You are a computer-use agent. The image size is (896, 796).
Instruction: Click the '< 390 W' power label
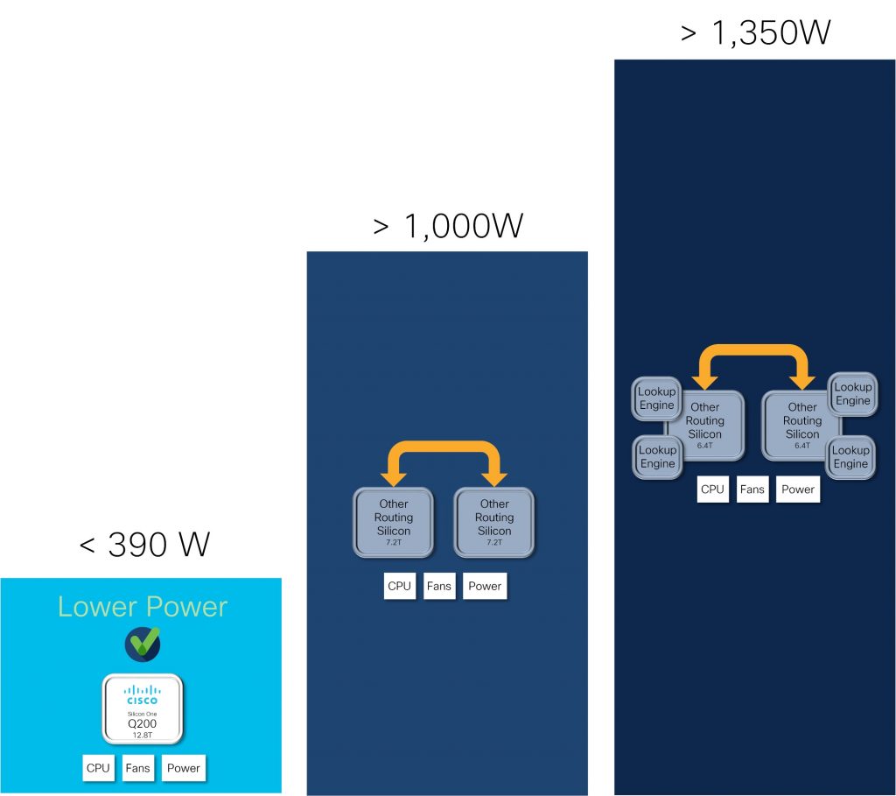click(x=144, y=545)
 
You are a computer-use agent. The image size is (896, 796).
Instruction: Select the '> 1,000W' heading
click(x=447, y=226)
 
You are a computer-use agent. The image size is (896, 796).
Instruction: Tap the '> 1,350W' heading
click(x=755, y=33)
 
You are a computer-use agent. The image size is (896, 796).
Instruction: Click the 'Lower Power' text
click(x=143, y=607)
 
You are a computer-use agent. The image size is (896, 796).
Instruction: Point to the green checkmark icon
click(x=143, y=644)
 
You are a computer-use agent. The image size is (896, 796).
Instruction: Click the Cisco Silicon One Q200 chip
click(x=143, y=705)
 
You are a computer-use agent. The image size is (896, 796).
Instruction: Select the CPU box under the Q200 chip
click(x=98, y=768)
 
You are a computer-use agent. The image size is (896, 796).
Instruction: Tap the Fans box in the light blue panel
click(x=137, y=768)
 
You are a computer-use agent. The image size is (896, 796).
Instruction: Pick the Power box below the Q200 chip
click(x=183, y=768)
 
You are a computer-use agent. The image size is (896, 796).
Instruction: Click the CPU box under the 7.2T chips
click(x=399, y=586)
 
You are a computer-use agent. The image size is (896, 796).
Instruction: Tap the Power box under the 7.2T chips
click(x=484, y=586)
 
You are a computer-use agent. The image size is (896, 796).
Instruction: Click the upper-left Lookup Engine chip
click(x=656, y=398)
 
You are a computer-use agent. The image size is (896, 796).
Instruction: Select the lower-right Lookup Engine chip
click(x=850, y=457)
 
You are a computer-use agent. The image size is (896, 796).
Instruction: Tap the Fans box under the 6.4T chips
click(x=752, y=490)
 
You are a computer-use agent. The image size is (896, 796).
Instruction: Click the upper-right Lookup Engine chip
click(x=852, y=394)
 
